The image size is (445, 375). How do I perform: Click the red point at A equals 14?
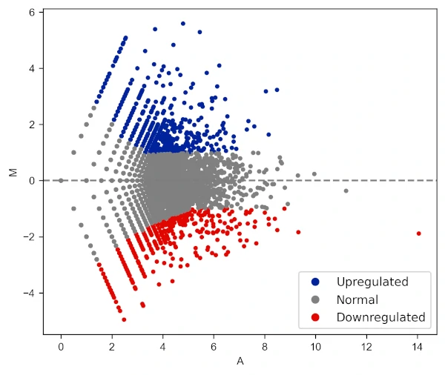tap(418, 233)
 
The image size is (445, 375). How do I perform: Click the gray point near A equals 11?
tap(346, 191)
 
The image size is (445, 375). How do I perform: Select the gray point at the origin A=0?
tap(61, 180)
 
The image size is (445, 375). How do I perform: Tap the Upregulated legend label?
tap(372, 282)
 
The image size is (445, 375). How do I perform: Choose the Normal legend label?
tap(357, 300)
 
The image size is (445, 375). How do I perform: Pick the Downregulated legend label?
tap(380, 317)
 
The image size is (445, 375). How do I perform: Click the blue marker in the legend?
tap(316, 282)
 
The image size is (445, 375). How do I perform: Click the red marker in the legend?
tap(316, 317)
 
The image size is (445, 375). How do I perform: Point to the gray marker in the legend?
tap(316, 300)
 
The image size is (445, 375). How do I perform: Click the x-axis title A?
tap(240, 362)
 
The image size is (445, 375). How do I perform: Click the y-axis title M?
tap(13, 172)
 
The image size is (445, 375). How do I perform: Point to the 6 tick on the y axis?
tap(33, 13)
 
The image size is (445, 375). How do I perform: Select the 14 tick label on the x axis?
tap(418, 346)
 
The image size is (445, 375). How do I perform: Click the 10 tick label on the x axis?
tap(316, 346)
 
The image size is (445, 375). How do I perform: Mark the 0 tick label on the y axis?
tap(33, 181)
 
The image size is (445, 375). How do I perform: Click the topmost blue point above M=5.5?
tap(183, 23)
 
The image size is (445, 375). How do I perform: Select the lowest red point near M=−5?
tap(124, 319)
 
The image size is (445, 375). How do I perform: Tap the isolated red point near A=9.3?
tap(299, 232)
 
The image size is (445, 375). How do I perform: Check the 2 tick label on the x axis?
tap(112, 346)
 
